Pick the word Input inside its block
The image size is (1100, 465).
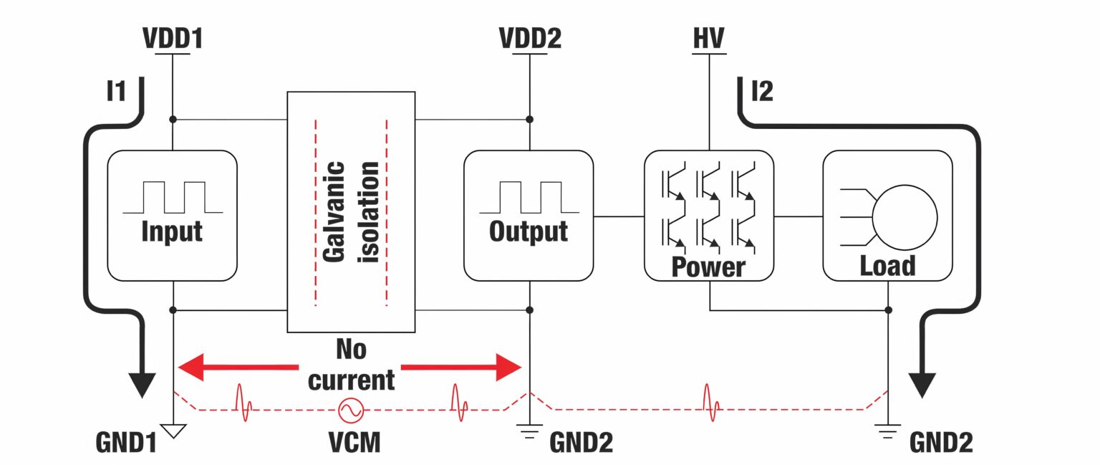172,231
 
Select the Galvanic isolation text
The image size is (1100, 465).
351,211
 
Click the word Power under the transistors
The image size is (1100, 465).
708,267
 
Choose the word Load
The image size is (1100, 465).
887,266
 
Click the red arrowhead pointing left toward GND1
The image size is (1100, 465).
192,368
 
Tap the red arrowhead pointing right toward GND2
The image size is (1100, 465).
508,368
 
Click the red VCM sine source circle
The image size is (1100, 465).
351,410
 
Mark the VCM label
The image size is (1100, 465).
351,443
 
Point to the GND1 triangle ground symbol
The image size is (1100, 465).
173,431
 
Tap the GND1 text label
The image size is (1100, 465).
125,443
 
